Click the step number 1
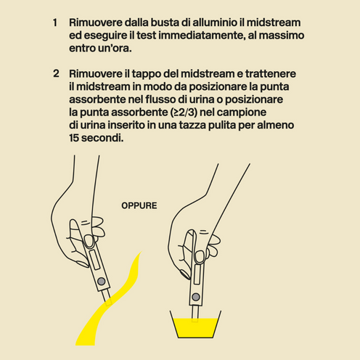tap(55, 22)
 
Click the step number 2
tap(56, 75)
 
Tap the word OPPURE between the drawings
tap(139, 205)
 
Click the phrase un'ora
tap(115, 48)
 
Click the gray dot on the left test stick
tap(102, 281)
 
